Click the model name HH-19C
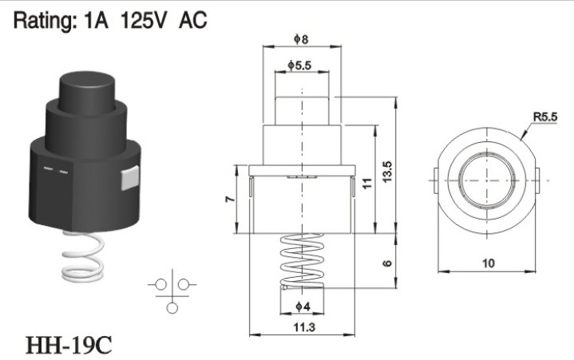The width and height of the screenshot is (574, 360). pyautogui.click(x=69, y=345)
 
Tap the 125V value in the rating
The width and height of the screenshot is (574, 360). pyautogui.click(x=143, y=20)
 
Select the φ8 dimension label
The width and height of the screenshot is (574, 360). pyautogui.click(x=301, y=39)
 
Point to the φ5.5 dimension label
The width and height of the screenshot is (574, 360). pyautogui.click(x=299, y=65)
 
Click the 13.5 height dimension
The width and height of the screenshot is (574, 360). pyautogui.click(x=387, y=171)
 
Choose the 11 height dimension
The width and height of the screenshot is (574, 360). pyautogui.click(x=367, y=183)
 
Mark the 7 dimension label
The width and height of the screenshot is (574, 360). pyautogui.click(x=230, y=199)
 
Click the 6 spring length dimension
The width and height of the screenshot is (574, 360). pyautogui.click(x=387, y=263)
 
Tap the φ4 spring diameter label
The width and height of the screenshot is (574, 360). pyautogui.click(x=303, y=307)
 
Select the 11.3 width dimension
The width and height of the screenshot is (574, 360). pyautogui.click(x=304, y=326)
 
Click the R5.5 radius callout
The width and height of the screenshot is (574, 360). pyautogui.click(x=545, y=117)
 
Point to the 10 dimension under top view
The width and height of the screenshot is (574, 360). pyautogui.click(x=489, y=263)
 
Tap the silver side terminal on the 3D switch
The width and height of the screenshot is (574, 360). pyautogui.click(x=130, y=178)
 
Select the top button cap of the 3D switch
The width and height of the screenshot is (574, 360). pyautogui.click(x=87, y=93)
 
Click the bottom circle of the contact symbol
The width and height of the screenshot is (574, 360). pyautogui.click(x=172, y=308)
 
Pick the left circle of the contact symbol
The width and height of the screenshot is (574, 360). pyautogui.click(x=160, y=284)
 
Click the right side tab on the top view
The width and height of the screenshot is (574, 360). pyautogui.click(x=537, y=180)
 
